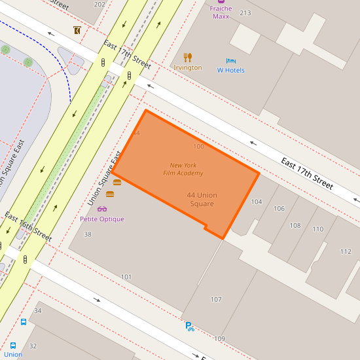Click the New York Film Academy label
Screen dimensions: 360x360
183,170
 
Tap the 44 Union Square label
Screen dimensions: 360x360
202,200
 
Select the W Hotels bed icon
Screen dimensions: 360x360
230,60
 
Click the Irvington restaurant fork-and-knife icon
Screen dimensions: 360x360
188,57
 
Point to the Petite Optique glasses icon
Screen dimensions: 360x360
102,209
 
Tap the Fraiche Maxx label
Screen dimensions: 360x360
221,12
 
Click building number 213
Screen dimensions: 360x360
245,12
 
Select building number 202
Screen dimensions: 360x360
99,4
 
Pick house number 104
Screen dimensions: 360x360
257,202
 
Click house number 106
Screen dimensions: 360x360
279,209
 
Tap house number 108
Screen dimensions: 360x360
295,225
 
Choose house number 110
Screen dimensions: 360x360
317,229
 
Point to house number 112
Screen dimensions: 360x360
346,251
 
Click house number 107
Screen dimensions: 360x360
216,299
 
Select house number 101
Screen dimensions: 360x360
126,277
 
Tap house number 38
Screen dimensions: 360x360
88,234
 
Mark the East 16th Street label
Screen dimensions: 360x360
28,226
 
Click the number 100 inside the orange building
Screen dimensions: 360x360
199,146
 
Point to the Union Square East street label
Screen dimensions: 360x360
104,178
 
